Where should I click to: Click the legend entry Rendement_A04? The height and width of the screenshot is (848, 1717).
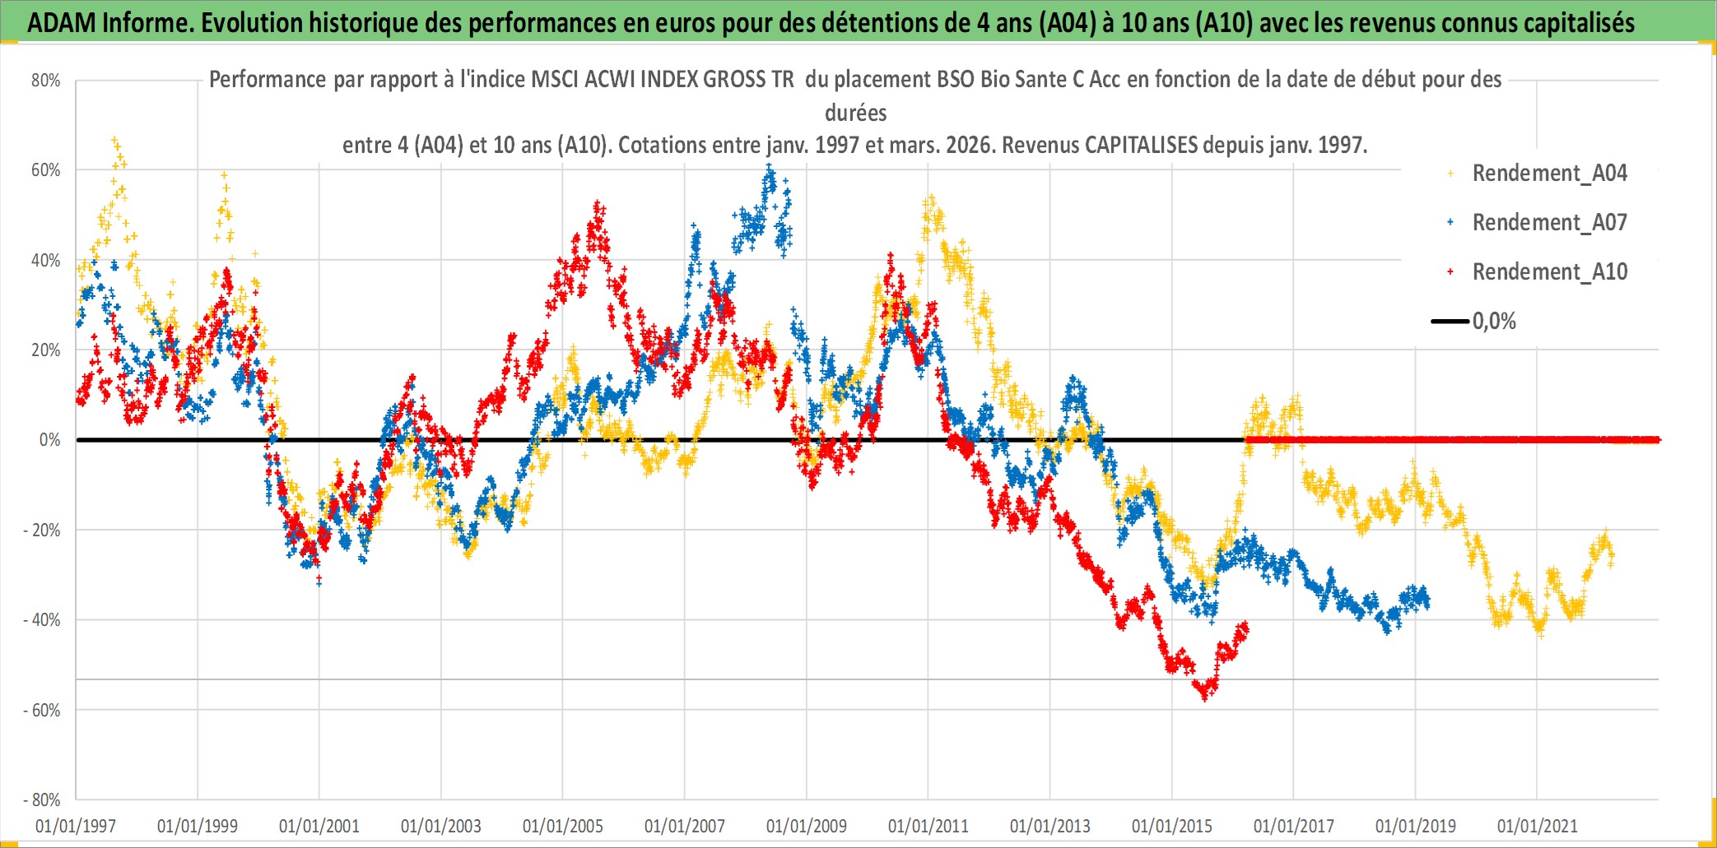pyautogui.click(x=1549, y=174)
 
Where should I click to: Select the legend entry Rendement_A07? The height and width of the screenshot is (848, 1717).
pyautogui.click(x=1549, y=223)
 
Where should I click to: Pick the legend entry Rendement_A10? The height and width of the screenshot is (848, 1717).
pyautogui.click(x=1549, y=272)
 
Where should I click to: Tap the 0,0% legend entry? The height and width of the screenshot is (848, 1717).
pyautogui.click(x=1493, y=322)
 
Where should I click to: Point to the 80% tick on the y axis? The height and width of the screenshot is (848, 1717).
pyautogui.click(x=46, y=81)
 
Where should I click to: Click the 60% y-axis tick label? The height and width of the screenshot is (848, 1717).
pyautogui.click(x=46, y=170)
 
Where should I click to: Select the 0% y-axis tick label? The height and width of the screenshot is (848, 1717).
pyautogui.click(x=49, y=440)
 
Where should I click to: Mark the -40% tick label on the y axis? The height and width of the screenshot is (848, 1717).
pyautogui.click(x=42, y=620)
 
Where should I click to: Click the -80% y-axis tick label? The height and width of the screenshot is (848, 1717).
pyautogui.click(x=42, y=799)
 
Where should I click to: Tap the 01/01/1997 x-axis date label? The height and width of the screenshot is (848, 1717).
pyautogui.click(x=76, y=826)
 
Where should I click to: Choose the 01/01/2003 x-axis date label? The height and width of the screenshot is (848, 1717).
pyautogui.click(x=441, y=826)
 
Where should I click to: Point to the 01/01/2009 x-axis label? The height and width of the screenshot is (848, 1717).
pyautogui.click(x=807, y=826)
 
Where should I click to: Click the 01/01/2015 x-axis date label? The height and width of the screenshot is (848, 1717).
pyautogui.click(x=1172, y=826)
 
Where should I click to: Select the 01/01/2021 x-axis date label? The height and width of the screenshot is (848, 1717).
pyautogui.click(x=1538, y=826)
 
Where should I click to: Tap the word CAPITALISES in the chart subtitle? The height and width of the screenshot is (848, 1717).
pyautogui.click(x=1141, y=146)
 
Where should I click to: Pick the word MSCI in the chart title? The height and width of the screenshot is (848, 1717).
pyautogui.click(x=556, y=80)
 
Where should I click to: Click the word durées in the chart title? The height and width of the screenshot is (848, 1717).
pyautogui.click(x=856, y=113)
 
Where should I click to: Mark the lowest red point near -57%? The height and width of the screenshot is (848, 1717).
pyautogui.click(x=1205, y=697)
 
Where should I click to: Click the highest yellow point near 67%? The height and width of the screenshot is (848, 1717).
pyautogui.click(x=114, y=140)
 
